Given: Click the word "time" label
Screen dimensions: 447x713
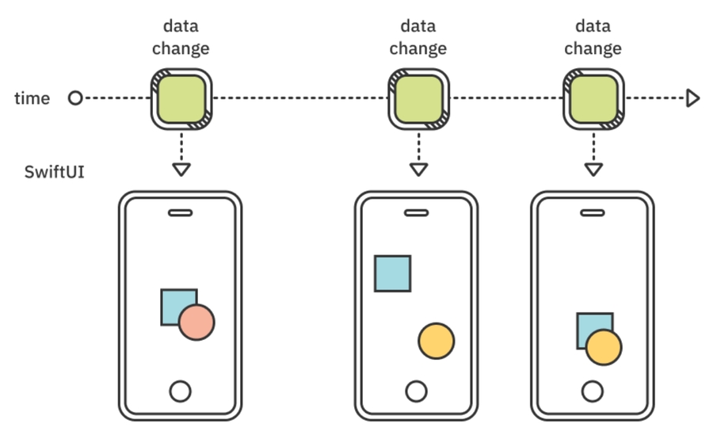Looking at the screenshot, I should [x=32, y=98].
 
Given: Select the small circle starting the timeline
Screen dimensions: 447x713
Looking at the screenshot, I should [x=75, y=98].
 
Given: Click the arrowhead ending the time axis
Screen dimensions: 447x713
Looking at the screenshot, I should [x=693, y=98].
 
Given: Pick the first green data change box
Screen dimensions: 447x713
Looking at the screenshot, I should [x=181, y=99].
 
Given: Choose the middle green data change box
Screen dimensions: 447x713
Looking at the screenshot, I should [x=418, y=99].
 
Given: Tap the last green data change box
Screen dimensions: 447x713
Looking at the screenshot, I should [x=593, y=99].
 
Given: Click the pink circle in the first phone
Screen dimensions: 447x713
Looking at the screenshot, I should [x=196, y=323].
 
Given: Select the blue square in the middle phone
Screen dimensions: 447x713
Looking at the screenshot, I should [x=392, y=273].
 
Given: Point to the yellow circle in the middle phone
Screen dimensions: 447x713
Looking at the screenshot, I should [x=436, y=341].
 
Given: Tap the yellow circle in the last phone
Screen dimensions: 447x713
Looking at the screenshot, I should [x=604, y=347].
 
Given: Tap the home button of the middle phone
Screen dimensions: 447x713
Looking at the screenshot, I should [x=416, y=391].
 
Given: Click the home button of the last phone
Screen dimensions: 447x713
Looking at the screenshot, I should [x=592, y=391].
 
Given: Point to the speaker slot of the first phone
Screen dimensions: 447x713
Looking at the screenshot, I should [x=181, y=212].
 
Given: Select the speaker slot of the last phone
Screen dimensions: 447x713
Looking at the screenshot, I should [x=592, y=212].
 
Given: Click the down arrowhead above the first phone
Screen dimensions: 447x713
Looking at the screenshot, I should [x=181, y=169].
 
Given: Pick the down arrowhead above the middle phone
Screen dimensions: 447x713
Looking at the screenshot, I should [x=418, y=169].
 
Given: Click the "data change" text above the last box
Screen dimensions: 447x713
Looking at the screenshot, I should [x=593, y=37].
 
